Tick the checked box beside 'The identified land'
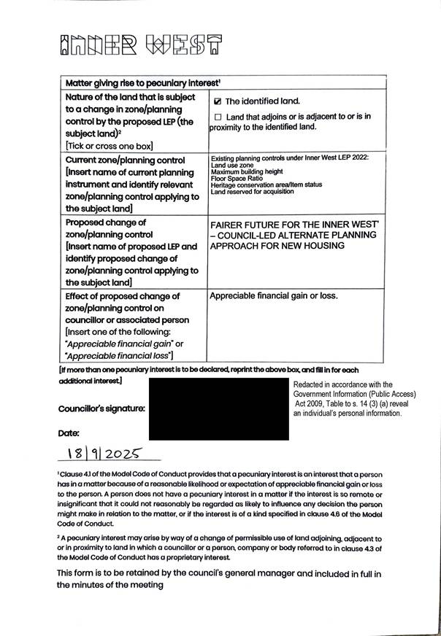pos(217,101)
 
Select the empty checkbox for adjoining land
pos(217,117)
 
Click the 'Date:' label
pos(69,433)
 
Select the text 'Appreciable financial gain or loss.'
pos(274,296)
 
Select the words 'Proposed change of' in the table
pos(106,222)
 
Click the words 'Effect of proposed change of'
pos(122,297)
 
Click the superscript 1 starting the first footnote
pos(59,473)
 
